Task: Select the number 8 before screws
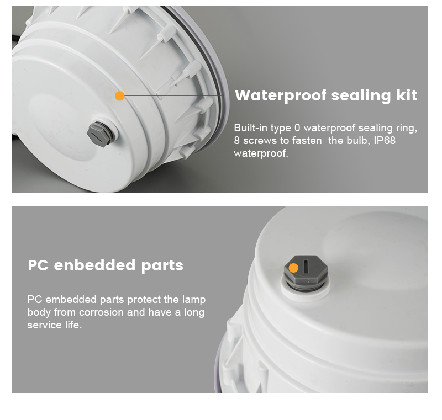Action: point(237,141)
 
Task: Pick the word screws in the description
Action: point(259,141)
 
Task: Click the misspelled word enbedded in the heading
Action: point(92,265)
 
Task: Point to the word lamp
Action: point(194,300)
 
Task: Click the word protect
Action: point(144,300)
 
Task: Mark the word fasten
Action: point(307,141)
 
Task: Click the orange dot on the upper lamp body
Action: point(119,96)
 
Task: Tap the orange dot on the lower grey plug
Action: point(294,268)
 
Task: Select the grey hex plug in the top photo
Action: point(99,133)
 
